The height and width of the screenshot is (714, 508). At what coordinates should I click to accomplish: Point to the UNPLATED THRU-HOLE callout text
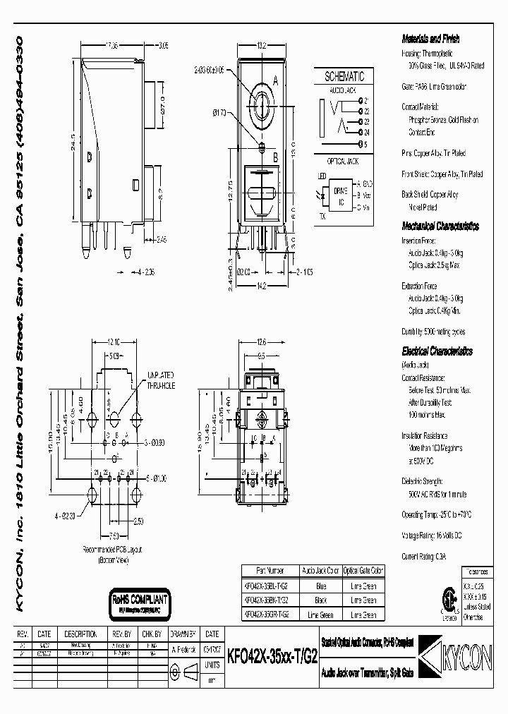tap(160, 380)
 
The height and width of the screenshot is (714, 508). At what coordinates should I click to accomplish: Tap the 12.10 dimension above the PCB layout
tap(114, 341)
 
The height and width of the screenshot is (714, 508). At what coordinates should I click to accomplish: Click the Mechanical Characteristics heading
tap(440, 226)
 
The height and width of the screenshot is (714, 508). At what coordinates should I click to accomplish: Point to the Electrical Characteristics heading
tap(437, 351)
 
